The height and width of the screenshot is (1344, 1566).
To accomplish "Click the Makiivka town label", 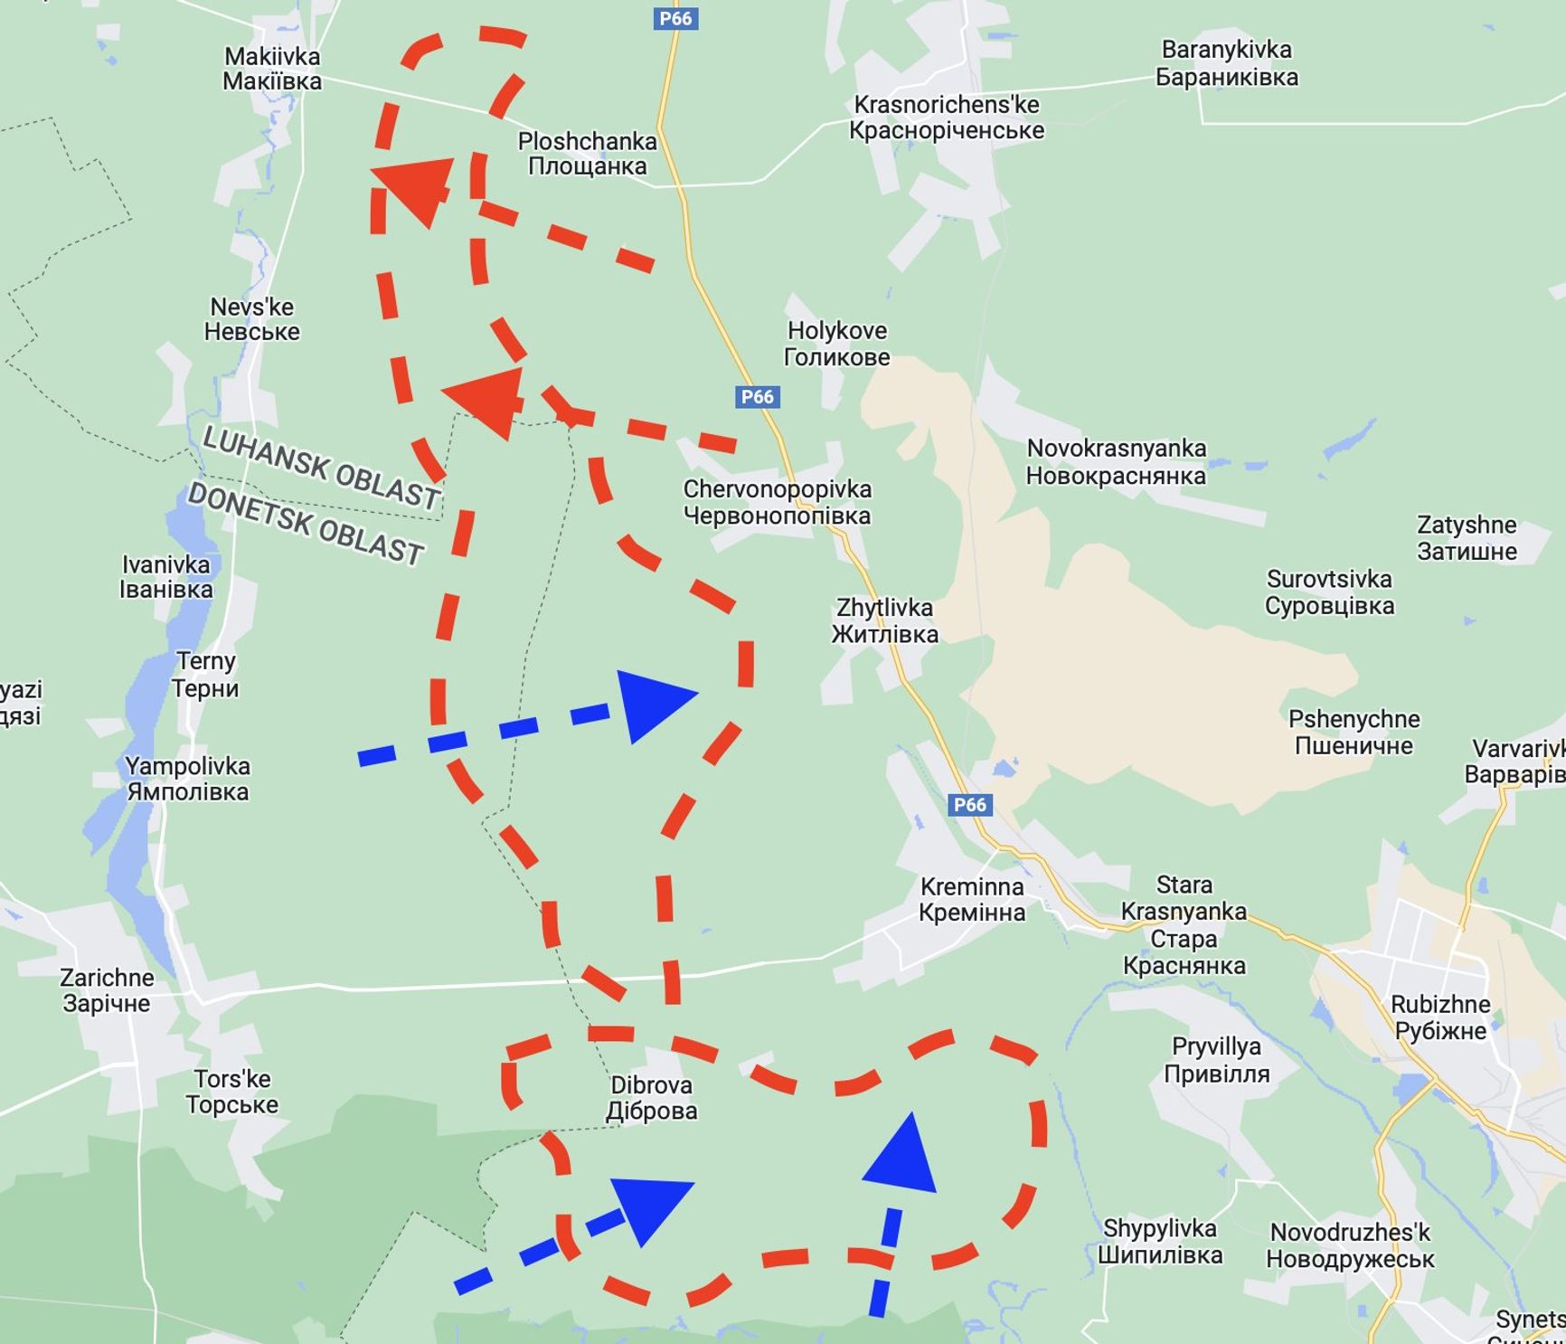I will [x=272, y=69].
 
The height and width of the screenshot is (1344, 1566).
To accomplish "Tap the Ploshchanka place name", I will [x=587, y=154].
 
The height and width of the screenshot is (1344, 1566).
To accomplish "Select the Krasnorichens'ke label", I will [x=947, y=118].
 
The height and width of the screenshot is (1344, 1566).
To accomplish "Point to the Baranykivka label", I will [x=1227, y=63].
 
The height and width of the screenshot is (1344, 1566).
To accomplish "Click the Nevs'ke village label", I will [x=251, y=319].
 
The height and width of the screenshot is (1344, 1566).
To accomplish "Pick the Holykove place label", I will [x=836, y=344].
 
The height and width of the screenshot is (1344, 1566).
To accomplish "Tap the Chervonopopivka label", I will [x=777, y=502].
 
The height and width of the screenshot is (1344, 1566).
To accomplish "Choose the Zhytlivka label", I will [x=884, y=620].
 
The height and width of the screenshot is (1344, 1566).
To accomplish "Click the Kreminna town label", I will [x=972, y=899].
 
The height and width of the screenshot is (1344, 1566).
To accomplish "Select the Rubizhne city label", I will [x=1440, y=1017].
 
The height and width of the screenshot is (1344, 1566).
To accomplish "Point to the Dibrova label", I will [x=651, y=1097].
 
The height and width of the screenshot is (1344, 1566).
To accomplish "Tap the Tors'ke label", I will [x=232, y=1092].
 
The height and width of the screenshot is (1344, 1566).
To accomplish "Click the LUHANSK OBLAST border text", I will [x=321, y=467].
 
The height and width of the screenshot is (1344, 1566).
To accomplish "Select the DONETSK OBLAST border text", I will [x=306, y=524].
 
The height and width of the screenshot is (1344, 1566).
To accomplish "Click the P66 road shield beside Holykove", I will [x=757, y=396].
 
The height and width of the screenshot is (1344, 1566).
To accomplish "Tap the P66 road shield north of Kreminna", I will [x=969, y=805].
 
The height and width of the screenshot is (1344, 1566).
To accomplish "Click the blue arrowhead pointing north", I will [x=901, y=1155].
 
